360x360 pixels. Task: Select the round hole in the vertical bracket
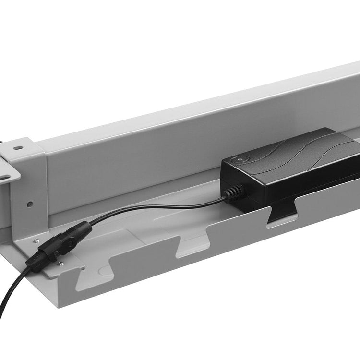coord(30,204)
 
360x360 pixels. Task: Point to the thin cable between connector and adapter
coord(158,207)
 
